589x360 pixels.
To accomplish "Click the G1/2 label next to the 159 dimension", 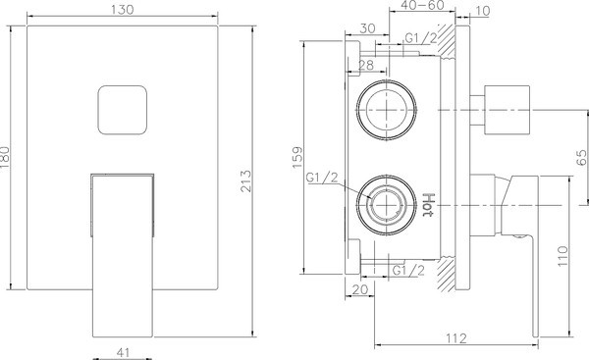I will (x=322, y=179).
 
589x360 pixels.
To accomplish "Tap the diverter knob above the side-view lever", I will (x=508, y=108).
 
